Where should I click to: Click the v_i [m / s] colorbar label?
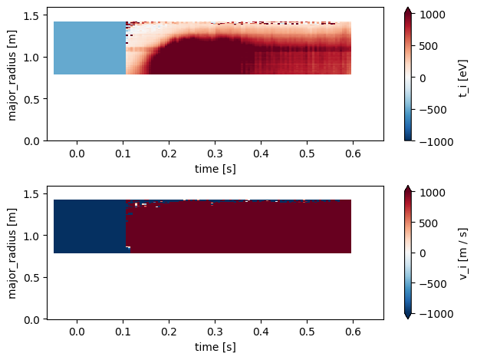(463, 253)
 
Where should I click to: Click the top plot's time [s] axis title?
(214, 168)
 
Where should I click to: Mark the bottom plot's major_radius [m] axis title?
(12, 252)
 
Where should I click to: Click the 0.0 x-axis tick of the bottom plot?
(77, 332)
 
